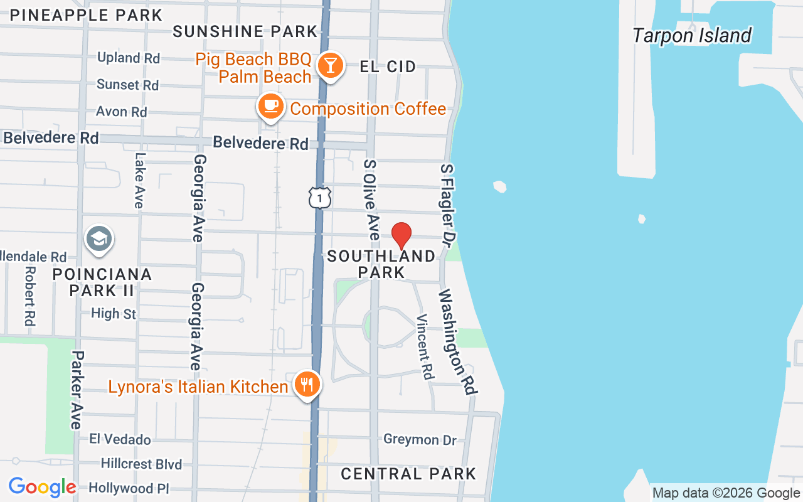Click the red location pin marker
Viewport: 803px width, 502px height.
(x=401, y=236)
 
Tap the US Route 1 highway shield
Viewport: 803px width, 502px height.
(x=320, y=198)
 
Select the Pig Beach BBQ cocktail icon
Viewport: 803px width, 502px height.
(x=329, y=65)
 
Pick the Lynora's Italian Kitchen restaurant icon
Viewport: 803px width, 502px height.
(x=307, y=383)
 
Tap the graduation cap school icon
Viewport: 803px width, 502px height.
(x=99, y=239)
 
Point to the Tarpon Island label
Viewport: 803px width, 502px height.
(x=691, y=36)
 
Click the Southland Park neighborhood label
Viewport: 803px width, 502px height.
(x=381, y=264)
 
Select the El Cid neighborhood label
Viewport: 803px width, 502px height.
(x=388, y=67)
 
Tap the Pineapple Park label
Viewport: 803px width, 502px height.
(x=86, y=15)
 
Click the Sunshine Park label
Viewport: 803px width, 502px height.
(x=245, y=31)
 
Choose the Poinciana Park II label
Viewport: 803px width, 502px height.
(x=102, y=282)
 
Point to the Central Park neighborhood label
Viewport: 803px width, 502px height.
(x=408, y=474)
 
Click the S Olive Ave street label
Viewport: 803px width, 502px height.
(x=371, y=200)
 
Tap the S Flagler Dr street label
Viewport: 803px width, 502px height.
(x=448, y=203)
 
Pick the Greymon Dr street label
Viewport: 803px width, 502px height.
(x=420, y=440)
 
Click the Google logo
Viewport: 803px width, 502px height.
(x=42, y=487)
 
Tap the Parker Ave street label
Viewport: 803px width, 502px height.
(x=77, y=390)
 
